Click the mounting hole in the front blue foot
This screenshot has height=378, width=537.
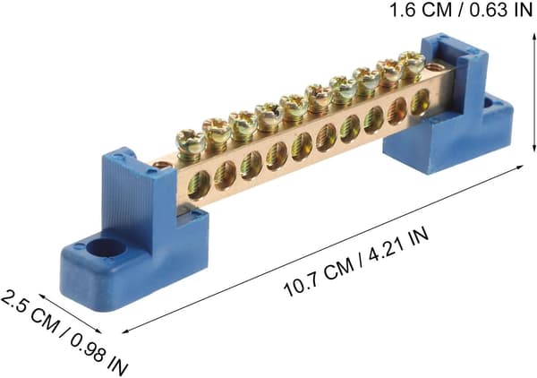point(105,248)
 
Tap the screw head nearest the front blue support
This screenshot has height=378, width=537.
point(191,141)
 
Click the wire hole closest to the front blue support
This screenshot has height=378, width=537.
point(199,185)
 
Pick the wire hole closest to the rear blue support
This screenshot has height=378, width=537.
point(420,101)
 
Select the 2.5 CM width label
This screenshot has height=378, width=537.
point(30,311)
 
